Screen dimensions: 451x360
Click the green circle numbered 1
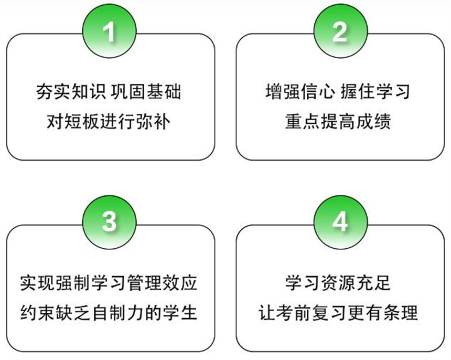[x=109, y=31]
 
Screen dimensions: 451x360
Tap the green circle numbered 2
[x=340, y=31]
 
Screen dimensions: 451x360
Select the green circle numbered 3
[x=109, y=222]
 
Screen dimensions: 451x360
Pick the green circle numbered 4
[x=340, y=222]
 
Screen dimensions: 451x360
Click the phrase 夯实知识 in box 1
[x=71, y=92]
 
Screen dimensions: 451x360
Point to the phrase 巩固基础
[x=146, y=92]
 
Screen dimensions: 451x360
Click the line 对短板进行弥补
[x=109, y=121]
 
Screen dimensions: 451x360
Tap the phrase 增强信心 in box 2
[x=300, y=91]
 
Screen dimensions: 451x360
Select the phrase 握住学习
[x=375, y=91]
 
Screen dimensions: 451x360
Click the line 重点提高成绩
[x=338, y=121]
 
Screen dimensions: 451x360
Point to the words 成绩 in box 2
[x=373, y=121]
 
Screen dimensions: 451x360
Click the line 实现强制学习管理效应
[x=109, y=283]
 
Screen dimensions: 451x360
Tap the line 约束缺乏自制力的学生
[x=109, y=313]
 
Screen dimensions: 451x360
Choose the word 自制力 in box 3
[x=117, y=313]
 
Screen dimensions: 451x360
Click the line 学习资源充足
[x=338, y=283]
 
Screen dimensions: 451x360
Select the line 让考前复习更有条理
[x=338, y=313]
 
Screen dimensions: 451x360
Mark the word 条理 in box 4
[x=400, y=313]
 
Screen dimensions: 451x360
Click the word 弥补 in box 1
[x=153, y=121]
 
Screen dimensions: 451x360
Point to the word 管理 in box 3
[x=144, y=283]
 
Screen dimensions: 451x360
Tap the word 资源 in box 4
[x=338, y=283]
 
